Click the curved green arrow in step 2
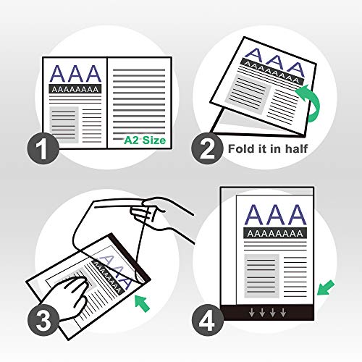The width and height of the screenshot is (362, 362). coord(312,102)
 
